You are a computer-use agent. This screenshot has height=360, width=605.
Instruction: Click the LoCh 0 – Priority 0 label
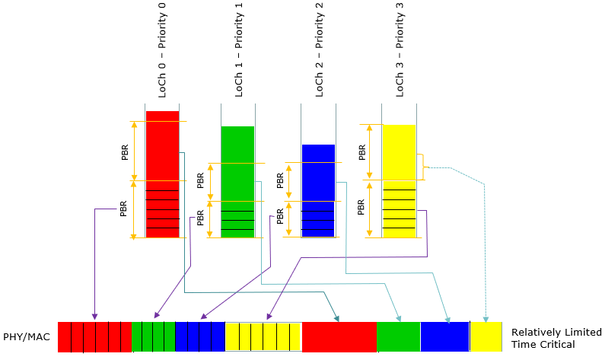(x=162, y=50)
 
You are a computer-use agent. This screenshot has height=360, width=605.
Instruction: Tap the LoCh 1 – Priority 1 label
(x=239, y=50)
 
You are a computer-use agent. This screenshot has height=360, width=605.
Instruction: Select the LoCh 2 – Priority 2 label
(x=319, y=50)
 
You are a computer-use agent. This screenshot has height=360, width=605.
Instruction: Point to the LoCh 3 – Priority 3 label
(x=400, y=50)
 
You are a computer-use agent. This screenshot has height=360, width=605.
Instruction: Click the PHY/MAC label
(x=27, y=337)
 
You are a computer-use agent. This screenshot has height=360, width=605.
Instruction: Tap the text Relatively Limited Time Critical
(x=556, y=338)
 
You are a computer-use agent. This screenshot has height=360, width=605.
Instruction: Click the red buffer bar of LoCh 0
(x=162, y=174)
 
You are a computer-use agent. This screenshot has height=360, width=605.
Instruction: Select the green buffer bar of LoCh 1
(x=237, y=182)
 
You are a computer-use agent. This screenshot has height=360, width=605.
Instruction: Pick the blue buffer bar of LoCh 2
(x=318, y=190)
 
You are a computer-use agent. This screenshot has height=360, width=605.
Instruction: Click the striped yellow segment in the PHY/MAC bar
(x=263, y=337)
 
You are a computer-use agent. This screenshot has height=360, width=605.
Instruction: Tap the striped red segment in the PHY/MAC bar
(x=95, y=337)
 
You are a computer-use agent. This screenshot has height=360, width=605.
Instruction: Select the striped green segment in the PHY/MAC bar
(x=154, y=337)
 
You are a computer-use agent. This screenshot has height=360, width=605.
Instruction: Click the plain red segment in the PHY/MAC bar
(x=339, y=337)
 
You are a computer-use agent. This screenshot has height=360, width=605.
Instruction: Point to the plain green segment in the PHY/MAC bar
(x=398, y=337)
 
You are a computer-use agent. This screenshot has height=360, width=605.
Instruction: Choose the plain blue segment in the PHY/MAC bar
(x=445, y=337)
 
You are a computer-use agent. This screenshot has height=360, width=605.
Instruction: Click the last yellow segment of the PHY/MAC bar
(x=486, y=337)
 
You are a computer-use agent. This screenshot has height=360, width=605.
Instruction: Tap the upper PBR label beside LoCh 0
(x=125, y=152)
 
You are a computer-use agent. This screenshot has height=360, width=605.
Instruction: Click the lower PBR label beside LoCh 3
(x=361, y=207)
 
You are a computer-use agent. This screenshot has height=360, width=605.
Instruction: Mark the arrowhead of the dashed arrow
(x=486, y=320)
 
